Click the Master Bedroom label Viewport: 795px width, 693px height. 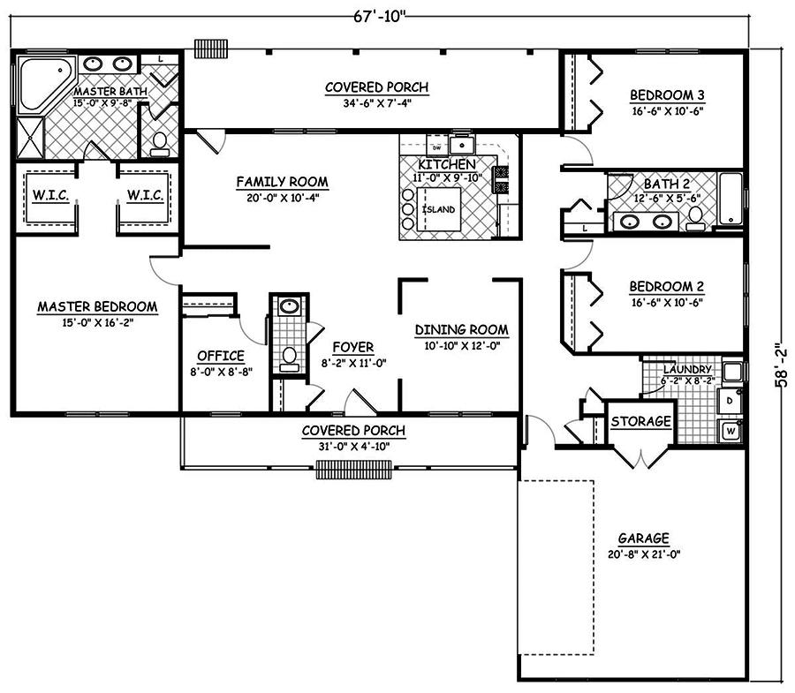point(97,307)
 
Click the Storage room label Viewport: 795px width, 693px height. point(641,422)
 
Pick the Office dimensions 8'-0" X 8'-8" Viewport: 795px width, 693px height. point(220,371)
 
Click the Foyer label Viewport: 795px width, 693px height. point(352,347)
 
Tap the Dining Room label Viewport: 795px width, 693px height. point(461,330)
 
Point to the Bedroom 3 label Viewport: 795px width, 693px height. point(666,95)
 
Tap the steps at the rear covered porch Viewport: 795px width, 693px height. point(212,47)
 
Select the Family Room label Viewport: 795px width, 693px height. point(282,182)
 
